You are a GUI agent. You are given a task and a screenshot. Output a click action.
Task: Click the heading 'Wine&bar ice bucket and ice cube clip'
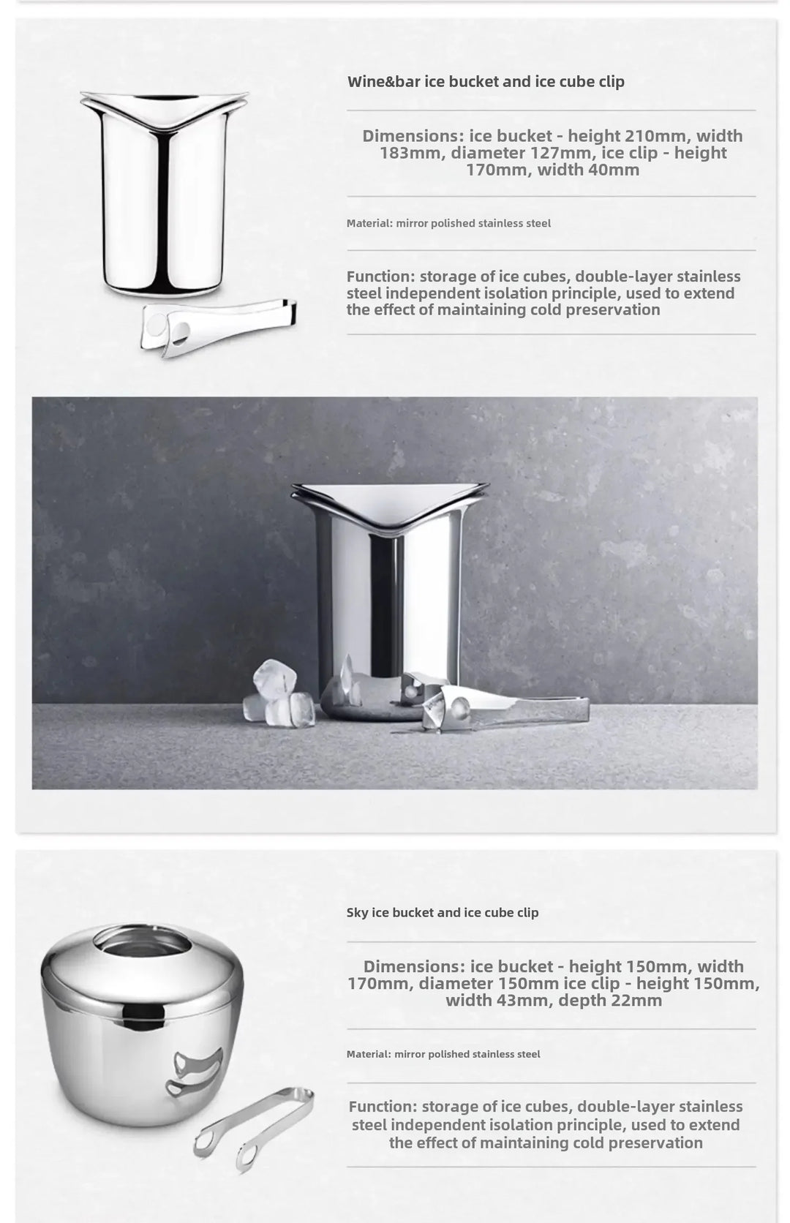click(486, 81)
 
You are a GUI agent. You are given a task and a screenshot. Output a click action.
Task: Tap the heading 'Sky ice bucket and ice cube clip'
click(443, 912)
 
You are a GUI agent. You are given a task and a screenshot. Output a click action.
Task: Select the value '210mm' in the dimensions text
click(656, 136)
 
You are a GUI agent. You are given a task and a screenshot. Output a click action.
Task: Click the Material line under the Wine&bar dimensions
click(448, 223)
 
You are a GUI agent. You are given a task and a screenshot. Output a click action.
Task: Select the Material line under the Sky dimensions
click(443, 1054)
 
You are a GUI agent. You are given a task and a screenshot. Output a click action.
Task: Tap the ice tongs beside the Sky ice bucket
click(252, 1126)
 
